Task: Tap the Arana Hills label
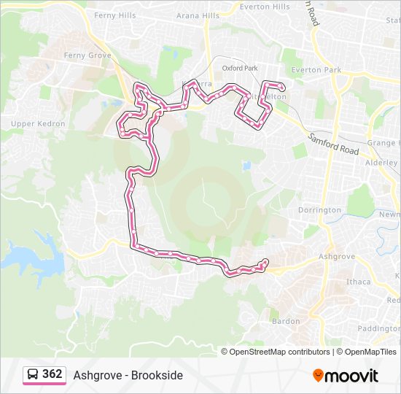coord(198,15)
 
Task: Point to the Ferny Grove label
coord(87,55)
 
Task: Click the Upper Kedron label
coord(38,124)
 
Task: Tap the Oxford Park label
coord(241,68)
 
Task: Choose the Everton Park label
coord(316,70)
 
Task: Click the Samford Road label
coord(333,143)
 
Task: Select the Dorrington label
coord(319,210)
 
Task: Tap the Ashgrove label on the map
coord(337,257)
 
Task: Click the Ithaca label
coord(358,282)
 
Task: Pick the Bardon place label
coord(285,321)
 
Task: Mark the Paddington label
coord(379,328)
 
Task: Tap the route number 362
coord(52,374)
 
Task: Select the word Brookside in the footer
coord(157,376)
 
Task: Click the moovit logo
coord(346,376)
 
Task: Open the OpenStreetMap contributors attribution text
coord(280,352)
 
